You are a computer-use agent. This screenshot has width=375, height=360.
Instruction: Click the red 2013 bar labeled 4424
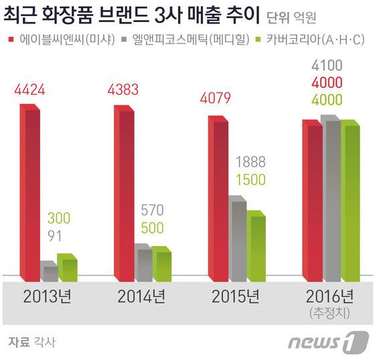pos(31,191)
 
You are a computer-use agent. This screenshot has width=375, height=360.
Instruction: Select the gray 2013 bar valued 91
pos(50,271)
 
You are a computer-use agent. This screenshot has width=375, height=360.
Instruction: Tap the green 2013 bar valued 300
pos(68,267)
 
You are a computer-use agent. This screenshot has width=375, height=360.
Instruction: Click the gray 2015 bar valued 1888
pos(238,238)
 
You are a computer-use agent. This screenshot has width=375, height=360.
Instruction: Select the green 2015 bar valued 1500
pos(256,245)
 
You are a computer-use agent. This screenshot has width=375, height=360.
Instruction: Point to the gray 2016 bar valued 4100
pos(332,198)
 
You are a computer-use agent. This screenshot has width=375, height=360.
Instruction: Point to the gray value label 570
pos(153,210)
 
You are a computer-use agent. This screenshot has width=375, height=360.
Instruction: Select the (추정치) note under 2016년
pos(327,312)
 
